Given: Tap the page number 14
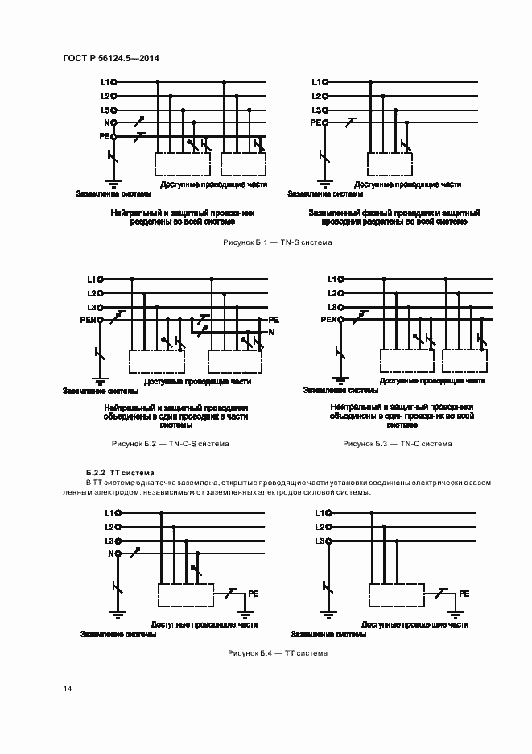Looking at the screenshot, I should [68, 689].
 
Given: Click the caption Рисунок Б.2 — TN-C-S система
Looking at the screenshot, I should [170, 444].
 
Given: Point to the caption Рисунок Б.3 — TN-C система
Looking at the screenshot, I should [398, 444].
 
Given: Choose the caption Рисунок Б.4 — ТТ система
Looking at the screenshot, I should [278, 653].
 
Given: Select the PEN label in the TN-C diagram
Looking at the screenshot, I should [328, 320].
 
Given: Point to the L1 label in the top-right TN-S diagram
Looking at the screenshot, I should [315, 82].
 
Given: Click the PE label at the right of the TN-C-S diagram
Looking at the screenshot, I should [273, 320].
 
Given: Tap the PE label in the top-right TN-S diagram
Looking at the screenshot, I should [315, 122].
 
